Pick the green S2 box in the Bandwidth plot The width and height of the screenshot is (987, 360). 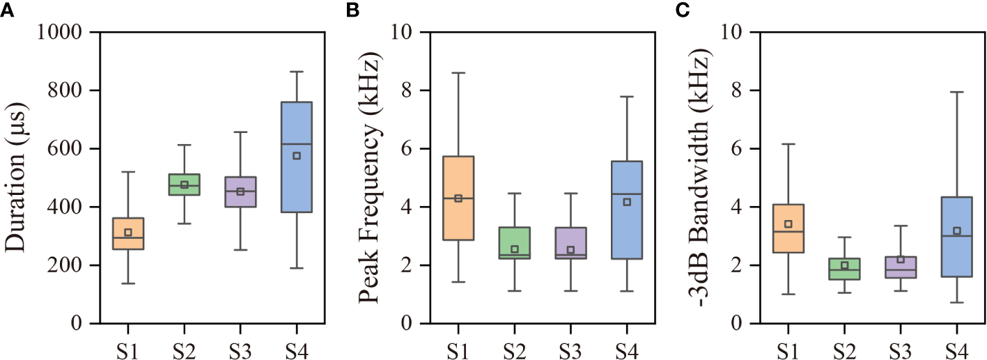click(x=844, y=269)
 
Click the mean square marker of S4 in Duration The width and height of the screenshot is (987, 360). click(x=297, y=156)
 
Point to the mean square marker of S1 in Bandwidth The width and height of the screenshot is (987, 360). click(x=788, y=224)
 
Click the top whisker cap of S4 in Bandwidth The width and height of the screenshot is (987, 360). click(x=957, y=92)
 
